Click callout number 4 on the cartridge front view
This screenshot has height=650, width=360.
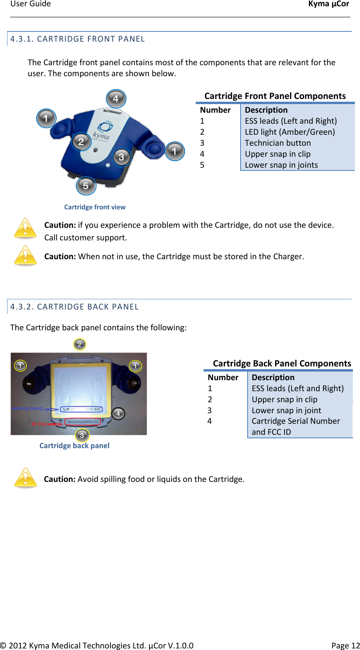tap(116, 99)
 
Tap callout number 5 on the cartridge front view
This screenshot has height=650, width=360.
tap(86, 185)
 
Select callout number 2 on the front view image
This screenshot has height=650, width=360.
tap(81, 141)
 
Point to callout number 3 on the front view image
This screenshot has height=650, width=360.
tap(121, 157)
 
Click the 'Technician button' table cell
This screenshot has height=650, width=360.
tap(277, 143)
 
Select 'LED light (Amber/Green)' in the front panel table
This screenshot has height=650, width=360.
tap(290, 132)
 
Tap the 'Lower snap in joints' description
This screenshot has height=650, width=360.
tap(281, 165)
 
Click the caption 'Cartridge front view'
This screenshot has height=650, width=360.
tap(95, 207)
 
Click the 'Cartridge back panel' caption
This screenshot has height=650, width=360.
tap(74, 445)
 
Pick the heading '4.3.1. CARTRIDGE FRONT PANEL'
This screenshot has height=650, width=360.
tap(77, 39)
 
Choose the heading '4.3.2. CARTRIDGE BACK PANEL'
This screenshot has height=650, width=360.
tap(74, 307)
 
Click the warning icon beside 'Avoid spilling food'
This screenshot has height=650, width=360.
tap(26, 478)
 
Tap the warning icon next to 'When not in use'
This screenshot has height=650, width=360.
tap(26, 255)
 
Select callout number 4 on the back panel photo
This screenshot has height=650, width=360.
tap(118, 414)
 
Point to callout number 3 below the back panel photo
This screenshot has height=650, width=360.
tap(82, 435)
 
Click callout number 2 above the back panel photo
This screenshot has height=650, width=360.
tap(79, 344)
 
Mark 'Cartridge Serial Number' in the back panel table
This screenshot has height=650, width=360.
tap(296, 421)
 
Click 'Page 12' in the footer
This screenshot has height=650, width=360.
tap(345, 645)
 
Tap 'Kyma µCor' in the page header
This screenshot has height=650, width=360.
tap(328, 4)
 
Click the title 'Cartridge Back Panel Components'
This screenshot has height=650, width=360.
tap(282, 363)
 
